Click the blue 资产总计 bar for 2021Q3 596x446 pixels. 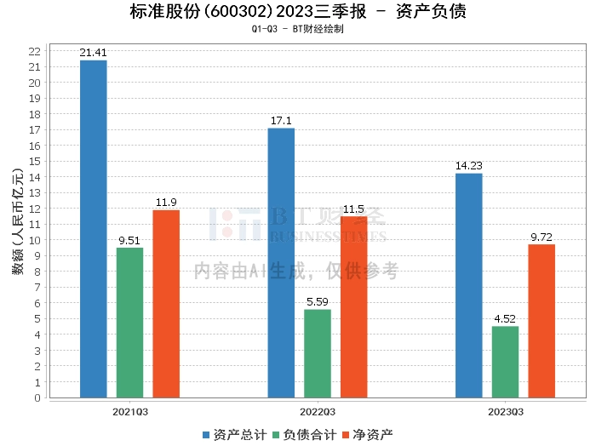pos(94,229)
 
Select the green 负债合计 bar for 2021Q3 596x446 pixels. pos(129,323)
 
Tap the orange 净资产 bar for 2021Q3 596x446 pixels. pos(166,304)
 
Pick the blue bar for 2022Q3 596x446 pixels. pos(281,263)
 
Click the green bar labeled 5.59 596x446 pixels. pos(318,354)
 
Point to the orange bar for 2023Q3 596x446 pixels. pos(542,321)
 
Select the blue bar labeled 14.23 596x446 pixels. pos(469,286)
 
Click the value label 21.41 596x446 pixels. pos(93,53)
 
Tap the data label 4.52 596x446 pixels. pos(505,318)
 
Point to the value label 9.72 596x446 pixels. pos(542,237)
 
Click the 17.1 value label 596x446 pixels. pos(281,121)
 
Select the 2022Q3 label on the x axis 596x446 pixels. pos(318,412)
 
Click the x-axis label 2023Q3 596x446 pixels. pos(506,412)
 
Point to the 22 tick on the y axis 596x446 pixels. pos(35,51)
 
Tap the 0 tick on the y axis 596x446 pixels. pos(37,398)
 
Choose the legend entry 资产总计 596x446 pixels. pos(234,435)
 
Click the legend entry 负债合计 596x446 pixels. pos(305,435)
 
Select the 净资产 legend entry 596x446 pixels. pos(368,435)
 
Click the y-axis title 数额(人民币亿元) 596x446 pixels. pos(18,220)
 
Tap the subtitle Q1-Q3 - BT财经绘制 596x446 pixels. pos(298,29)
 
